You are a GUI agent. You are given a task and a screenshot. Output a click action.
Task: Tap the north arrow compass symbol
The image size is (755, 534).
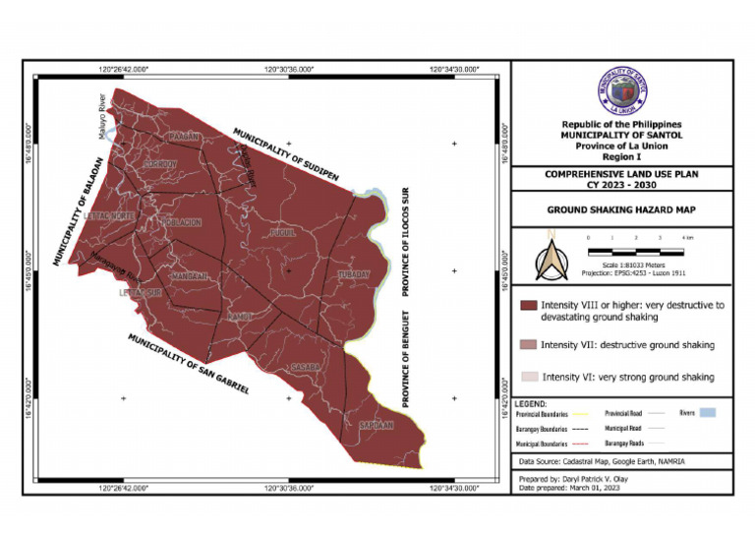click(x=552, y=259)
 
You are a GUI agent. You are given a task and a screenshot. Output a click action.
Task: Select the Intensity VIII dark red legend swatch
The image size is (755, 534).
click(x=528, y=306)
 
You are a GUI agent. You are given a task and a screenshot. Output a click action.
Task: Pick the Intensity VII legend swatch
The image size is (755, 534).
click(x=528, y=345)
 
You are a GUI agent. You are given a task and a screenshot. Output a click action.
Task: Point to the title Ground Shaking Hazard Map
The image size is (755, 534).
click(x=620, y=209)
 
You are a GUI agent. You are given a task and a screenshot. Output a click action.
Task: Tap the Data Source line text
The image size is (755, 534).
click(x=603, y=460)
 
